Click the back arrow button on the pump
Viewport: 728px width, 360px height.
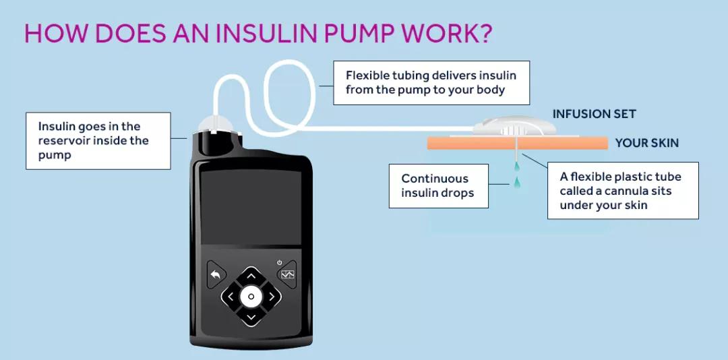pos(216,274)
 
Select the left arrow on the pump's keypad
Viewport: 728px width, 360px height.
pos(231,297)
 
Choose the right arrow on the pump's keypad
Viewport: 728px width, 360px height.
pos(272,297)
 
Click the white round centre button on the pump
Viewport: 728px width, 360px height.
pos(251,297)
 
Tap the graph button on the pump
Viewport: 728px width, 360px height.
pos(286,274)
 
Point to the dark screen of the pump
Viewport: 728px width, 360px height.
pos(251,208)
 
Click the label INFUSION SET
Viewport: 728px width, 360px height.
pos(594,114)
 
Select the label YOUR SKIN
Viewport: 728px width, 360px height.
pos(647,143)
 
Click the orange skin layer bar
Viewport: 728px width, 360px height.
pos(517,143)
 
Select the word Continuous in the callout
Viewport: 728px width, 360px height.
pos(435,179)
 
